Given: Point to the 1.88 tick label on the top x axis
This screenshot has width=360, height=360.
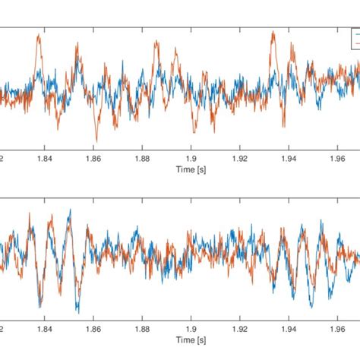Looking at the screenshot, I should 142,159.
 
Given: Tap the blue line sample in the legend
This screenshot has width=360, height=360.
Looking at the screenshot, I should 355,34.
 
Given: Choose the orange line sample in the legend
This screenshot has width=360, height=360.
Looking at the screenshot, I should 355,43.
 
